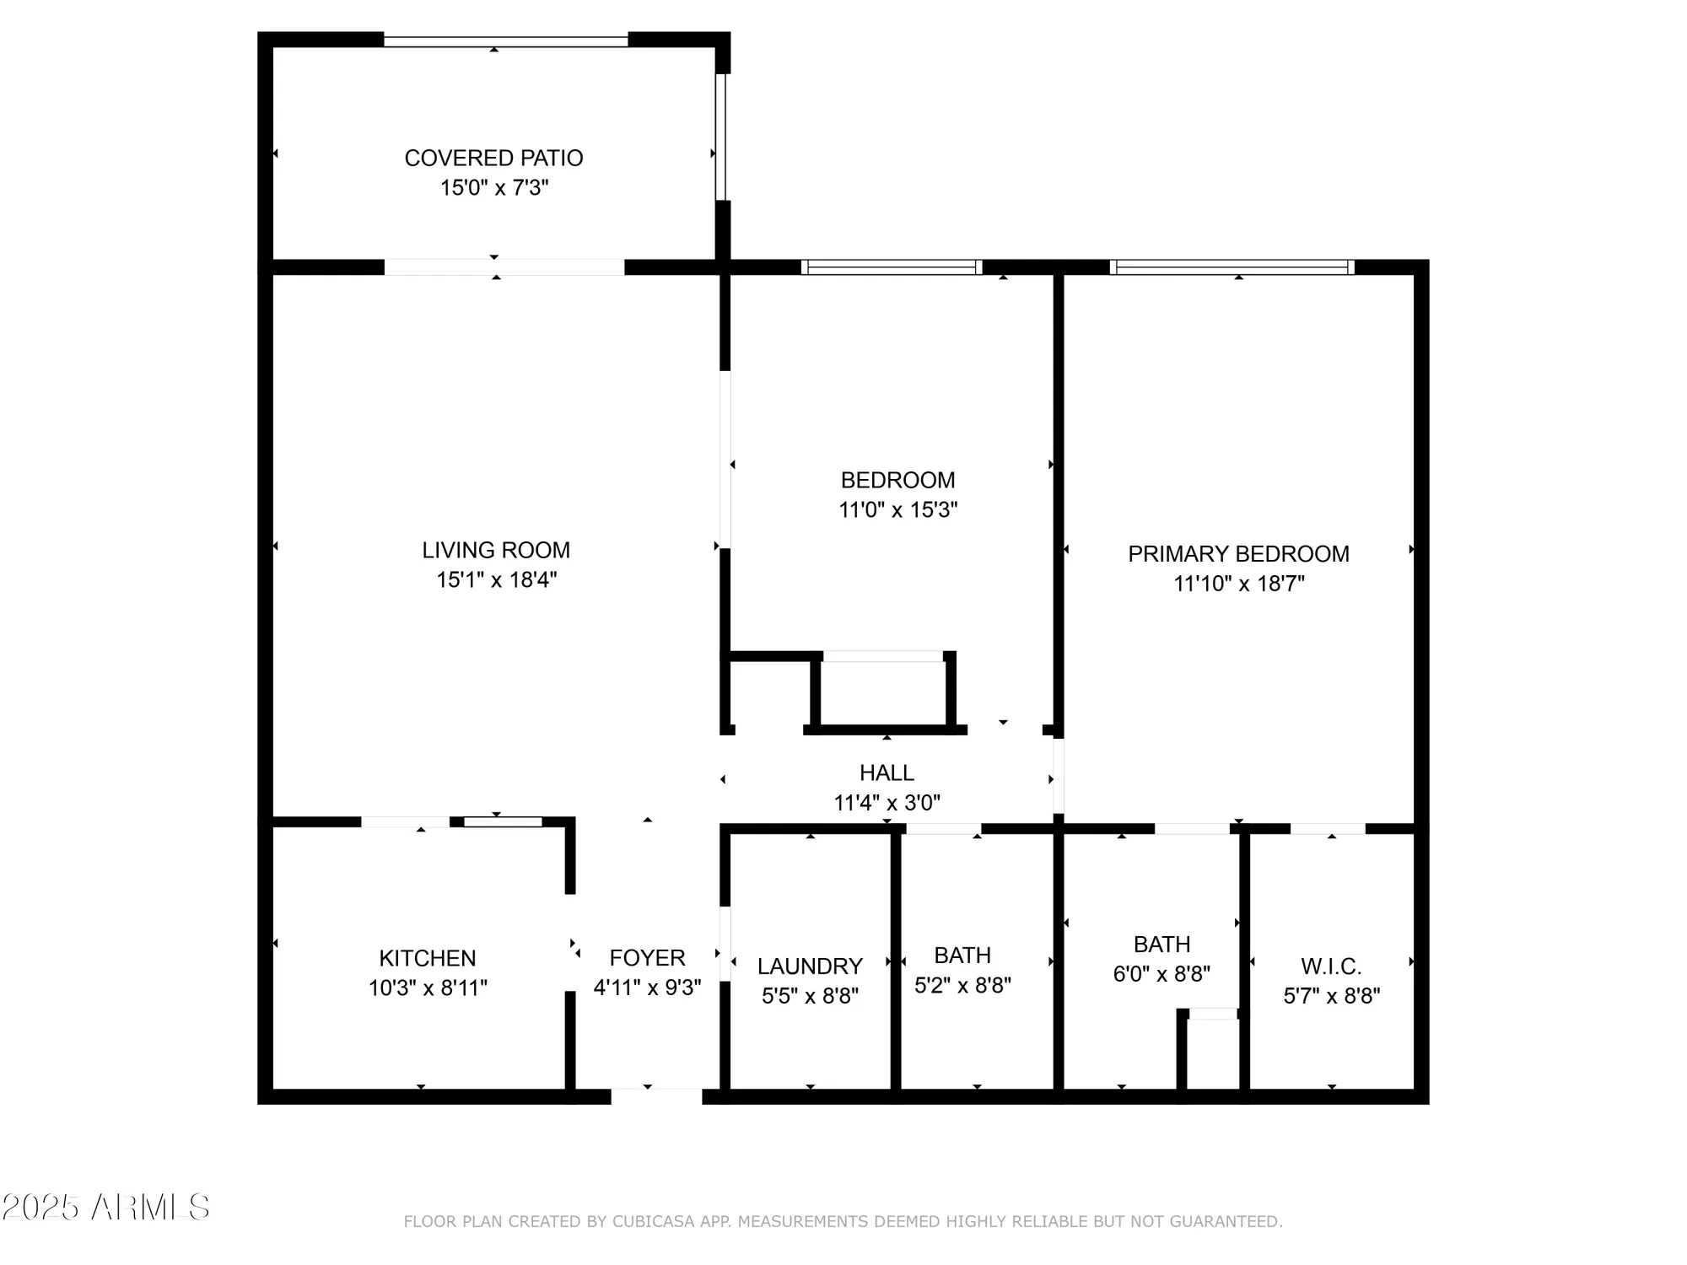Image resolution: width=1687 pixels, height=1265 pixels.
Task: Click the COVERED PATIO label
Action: pyautogui.click(x=493, y=158)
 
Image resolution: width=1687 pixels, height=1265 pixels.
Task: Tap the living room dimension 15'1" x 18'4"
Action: pyautogui.click(x=496, y=580)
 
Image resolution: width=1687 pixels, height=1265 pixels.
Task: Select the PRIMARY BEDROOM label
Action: pyautogui.click(x=1238, y=554)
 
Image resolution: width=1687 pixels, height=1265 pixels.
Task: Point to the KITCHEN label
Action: pyautogui.click(x=428, y=958)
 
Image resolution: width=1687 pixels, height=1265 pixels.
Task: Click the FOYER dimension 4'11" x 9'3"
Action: pyautogui.click(x=647, y=988)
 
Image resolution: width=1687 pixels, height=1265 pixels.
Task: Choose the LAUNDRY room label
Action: pyautogui.click(x=810, y=966)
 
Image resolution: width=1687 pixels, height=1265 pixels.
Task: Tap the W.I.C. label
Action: pyautogui.click(x=1331, y=966)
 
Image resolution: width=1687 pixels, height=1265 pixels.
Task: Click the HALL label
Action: pyautogui.click(x=887, y=772)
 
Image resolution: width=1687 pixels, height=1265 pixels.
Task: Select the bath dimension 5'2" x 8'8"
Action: pyautogui.click(x=962, y=986)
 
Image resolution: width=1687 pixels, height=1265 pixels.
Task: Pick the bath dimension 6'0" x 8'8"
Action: pyautogui.click(x=1161, y=975)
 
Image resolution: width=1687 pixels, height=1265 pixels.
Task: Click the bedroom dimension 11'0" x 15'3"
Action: pyautogui.click(x=897, y=510)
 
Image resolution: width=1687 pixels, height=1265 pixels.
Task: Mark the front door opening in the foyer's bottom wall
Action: pyautogui.click(x=656, y=1096)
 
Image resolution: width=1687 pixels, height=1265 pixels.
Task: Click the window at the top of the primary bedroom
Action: pyautogui.click(x=1232, y=267)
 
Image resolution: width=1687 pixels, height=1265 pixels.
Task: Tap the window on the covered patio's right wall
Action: pyautogui.click(x=721, y=137)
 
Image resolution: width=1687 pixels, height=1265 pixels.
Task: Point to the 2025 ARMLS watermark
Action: pyautogui.click(x=105, y=1208)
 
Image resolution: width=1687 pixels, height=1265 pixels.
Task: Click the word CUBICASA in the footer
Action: pyautogui.click(x=654, y=1221)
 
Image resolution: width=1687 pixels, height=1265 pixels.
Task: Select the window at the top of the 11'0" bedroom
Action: pyautogui.click(x=892, y=267)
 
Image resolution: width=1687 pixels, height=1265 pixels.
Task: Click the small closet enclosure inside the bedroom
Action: pyautogui.click(x=883, y=693)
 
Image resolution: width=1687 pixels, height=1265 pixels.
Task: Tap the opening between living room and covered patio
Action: pyautogui.click(x=504, y=267)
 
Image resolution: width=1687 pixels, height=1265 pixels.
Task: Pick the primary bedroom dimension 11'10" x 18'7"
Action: pyautogui.click(x=1238, y=584)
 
